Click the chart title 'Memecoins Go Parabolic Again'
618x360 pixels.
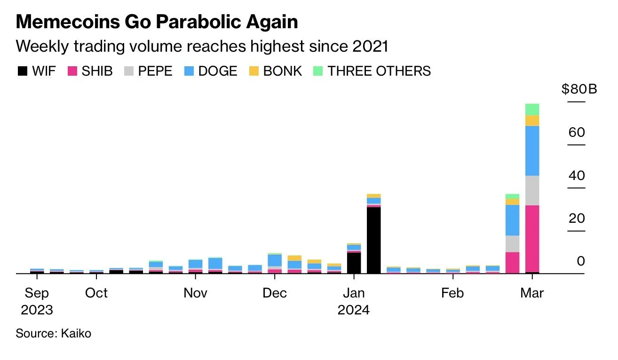pyautogui.click(x=157, y=22)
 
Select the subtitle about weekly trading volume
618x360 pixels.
pyautogui.click(x=202, y=46)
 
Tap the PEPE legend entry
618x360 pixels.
pyautogui.click(x=148, y=71)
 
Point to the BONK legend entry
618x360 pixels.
pyautogui.click(x=276, y=71)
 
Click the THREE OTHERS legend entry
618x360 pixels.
pyautogui.click(x=372, y=71)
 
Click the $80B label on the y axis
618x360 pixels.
pyautogui.click(x=579, y=88)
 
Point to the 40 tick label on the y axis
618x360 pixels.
pyautogui.click(x=577, y=176)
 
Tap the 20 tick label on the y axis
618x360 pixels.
pyautogui.click(x=577, y=219)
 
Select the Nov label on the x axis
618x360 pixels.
pyautogui.click(x=195, y=293)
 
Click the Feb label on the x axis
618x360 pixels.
pyautogui.click(x=452, y=293)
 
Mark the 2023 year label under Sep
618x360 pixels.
pyautogui.click(x=37, y=310)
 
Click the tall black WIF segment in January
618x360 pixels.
pyautogui.click(x=374, y=240)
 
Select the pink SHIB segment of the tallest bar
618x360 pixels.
pyautogui.click(x=532, y=238)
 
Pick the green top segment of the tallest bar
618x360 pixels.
pyautogui.click(x=532, y=110)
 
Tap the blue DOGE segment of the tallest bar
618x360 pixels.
pyautogui.click(x=532, y=151)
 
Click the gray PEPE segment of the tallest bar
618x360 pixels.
pyautogui.click(x=532, y=190)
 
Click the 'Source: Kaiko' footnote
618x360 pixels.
pyautogui.click(x=54, y=334)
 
